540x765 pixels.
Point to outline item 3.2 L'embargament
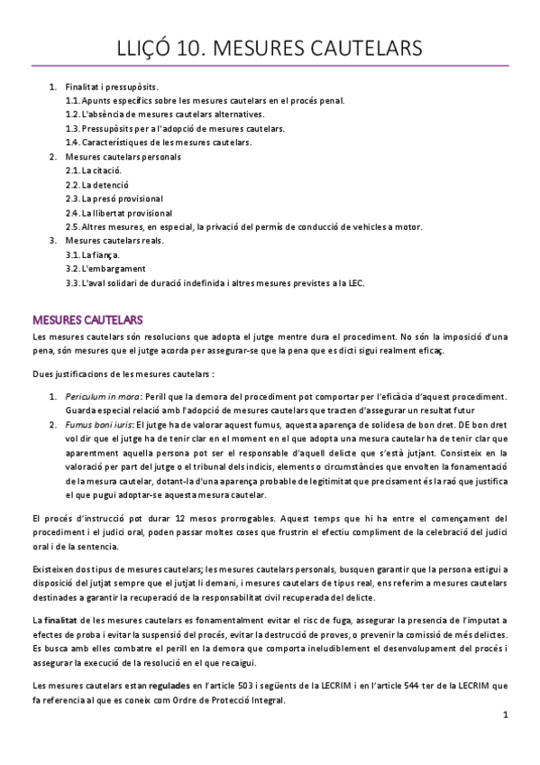coord(105,269)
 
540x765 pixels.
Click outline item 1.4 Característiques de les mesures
coord(171,143)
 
